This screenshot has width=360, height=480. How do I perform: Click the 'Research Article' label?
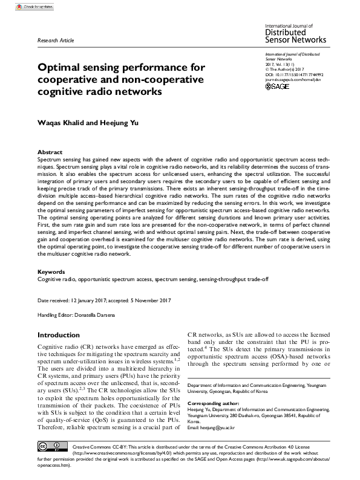coord(56,41)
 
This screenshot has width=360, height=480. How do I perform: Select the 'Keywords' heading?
coord(51,272)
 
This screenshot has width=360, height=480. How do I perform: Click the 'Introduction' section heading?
coord(59,334)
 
